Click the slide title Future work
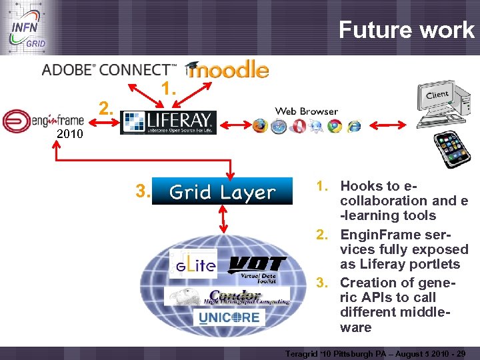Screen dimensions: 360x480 pyautogui.click(x=406, y=30)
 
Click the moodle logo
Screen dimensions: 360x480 pyautogui.click(x=228, y=69)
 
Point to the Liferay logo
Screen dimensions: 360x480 pyautogui.click(x=168, y=122)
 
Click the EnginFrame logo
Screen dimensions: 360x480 pyautogui.click(x=43, y=121)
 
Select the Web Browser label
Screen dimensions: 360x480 pyautogui.click(x=307, y=111)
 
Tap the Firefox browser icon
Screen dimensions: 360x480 pyautogui.click(x=259, y=126)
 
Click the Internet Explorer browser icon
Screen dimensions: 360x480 pyautogui.click(x=353, y=126)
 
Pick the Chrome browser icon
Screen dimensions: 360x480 pyautogui.click(x=335, y=126)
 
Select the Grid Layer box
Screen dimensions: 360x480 pyautogui.click(x=222, y=192)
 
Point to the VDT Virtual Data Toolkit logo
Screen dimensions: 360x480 pyautogui.click(x=257, y=267)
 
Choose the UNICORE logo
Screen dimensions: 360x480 pyautogui.click(x=229, y=317)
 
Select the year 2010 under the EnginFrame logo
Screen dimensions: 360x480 pyautogui.click(x=69, y=134)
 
